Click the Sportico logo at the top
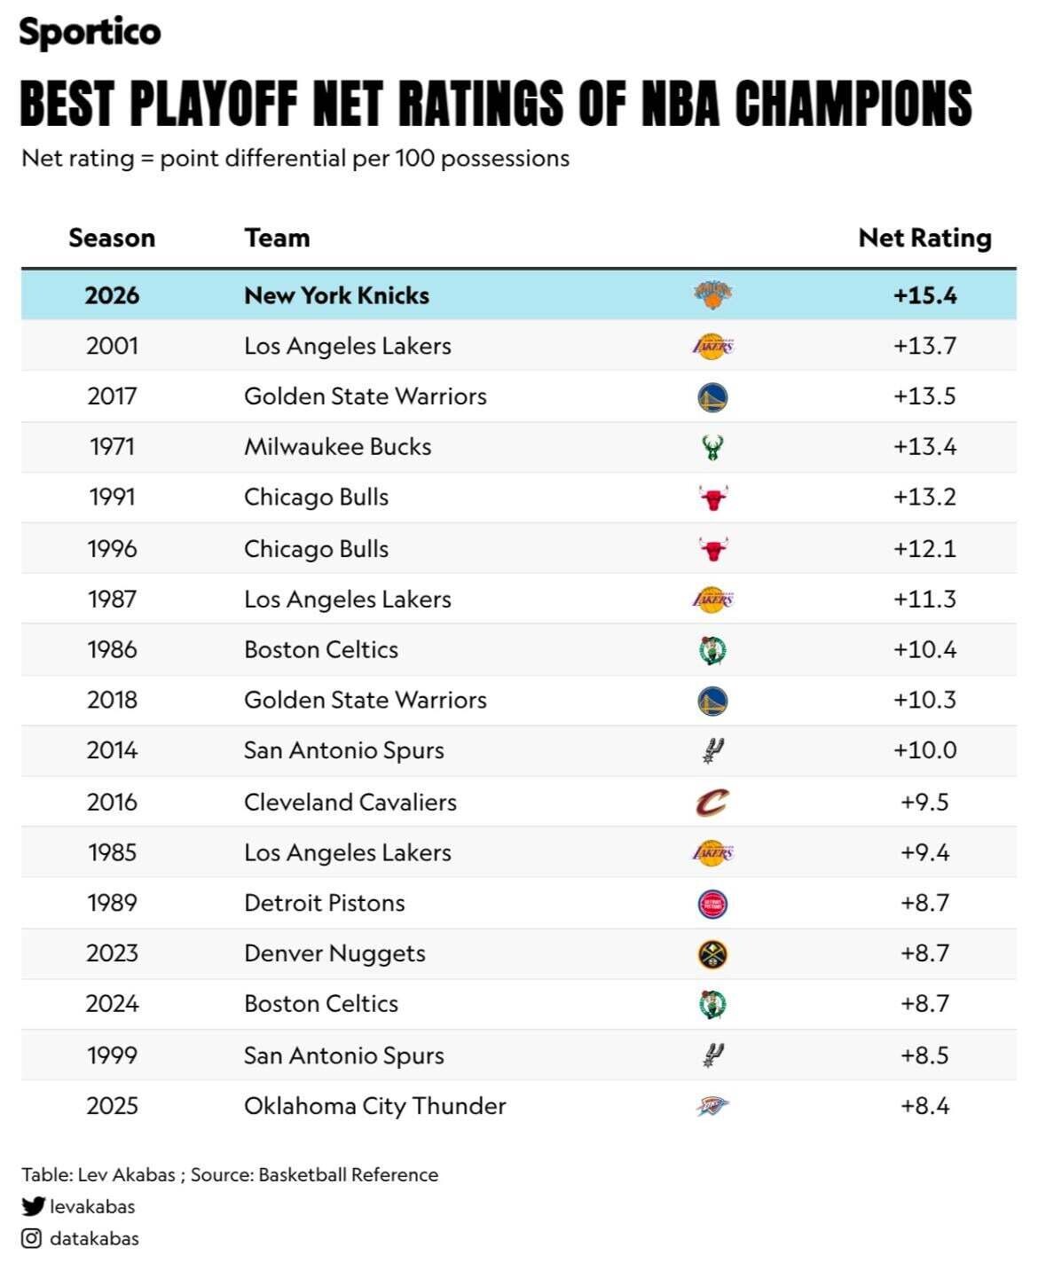click(x=90, y=33)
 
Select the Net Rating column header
click(x=924, y=238)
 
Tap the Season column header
click(x=112, y=238)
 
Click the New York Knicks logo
click(x=712, y=295)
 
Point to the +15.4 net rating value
click(x=924, y=295)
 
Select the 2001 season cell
click(x=112, y=346)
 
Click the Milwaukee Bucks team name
click(x=338, y=446)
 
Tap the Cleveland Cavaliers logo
click(x=712, y=802)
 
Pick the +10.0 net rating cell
click(x=924, y=750)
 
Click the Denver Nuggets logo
click(x=712, y=953)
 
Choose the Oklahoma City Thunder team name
click(x=375, y=1105)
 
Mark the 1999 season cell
click(x=112, y=1055)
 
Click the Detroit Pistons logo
click(x=712, y=903)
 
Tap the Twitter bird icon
click(x=33, y=1206)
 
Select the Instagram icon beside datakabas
click(x=31, y=1238)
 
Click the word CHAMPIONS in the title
click(x=853, y=103)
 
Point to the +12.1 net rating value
click(x=924, y=548)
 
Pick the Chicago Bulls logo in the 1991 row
click(x=712, y=498)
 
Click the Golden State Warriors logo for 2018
click(x=712, y=701)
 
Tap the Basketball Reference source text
click(x=349, y=1174)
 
